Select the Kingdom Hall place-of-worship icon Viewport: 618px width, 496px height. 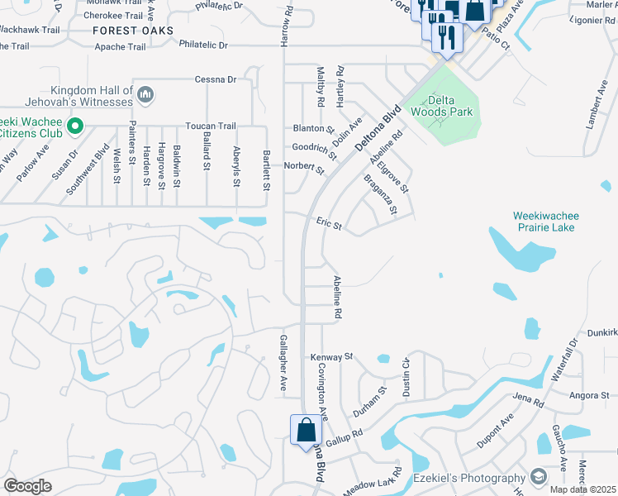145,95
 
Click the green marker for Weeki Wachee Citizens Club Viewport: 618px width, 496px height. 76,126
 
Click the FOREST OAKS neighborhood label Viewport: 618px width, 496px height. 133,31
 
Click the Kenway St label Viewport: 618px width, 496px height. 331,357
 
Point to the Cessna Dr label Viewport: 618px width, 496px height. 216,79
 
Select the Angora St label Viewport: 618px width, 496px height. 588,395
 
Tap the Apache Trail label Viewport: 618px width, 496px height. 121,47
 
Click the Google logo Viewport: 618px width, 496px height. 28,486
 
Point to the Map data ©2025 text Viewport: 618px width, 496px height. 584,489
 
